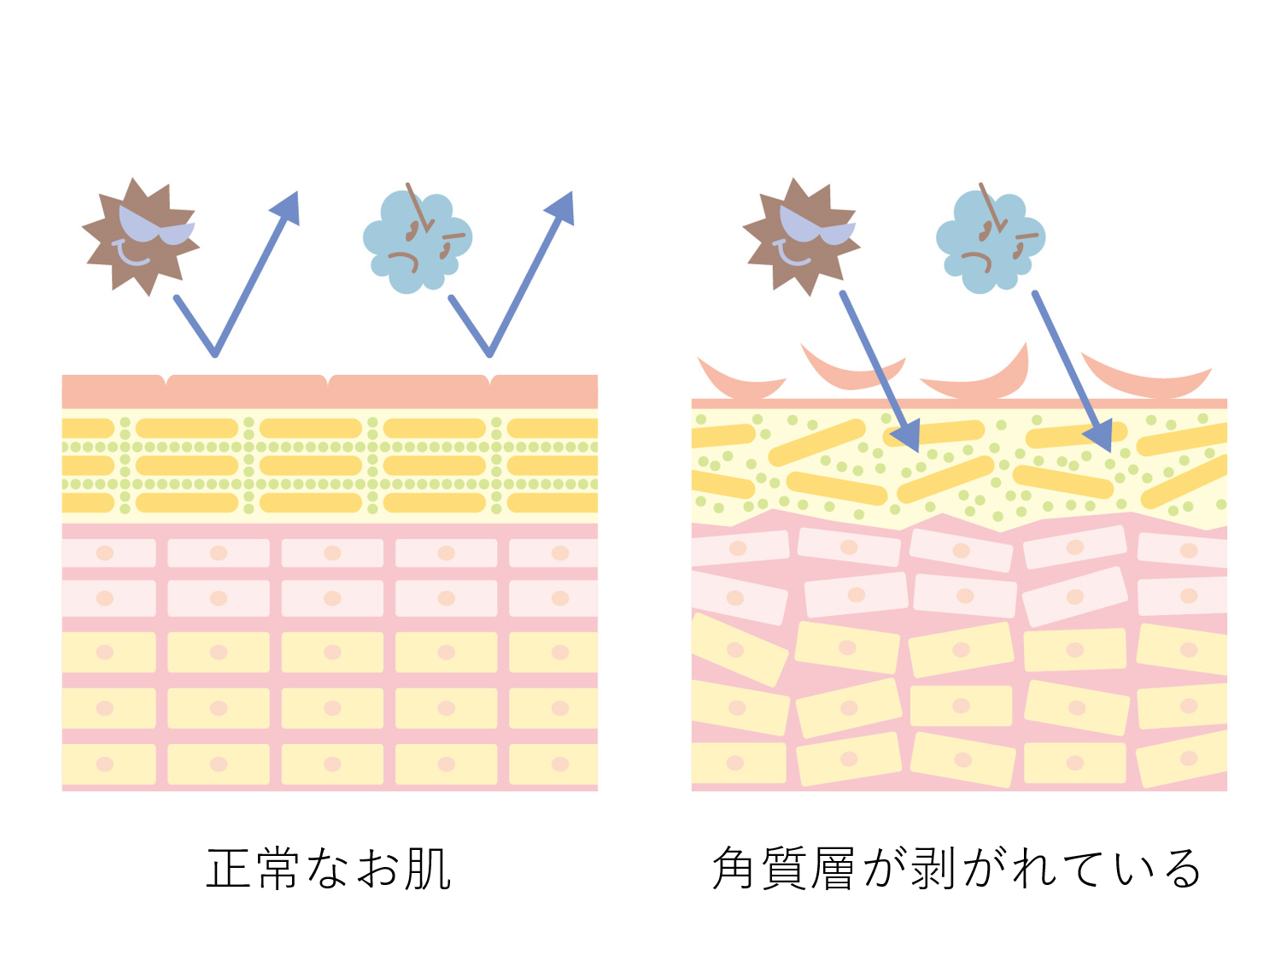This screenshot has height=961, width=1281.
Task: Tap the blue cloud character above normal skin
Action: point(416,242)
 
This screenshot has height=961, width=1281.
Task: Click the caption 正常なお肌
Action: point(329,869)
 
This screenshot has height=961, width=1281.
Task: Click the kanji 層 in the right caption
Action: point(833,869)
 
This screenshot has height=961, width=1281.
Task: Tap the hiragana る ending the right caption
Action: point(1183,869)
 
